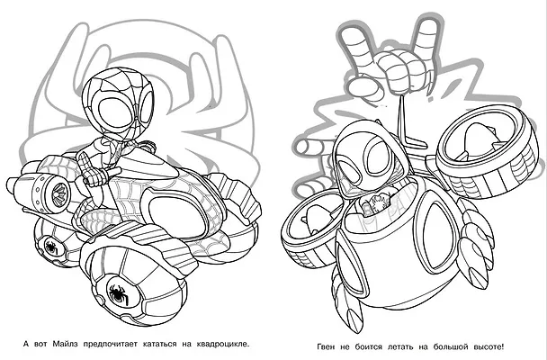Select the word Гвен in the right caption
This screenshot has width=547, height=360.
click(326, 347)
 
